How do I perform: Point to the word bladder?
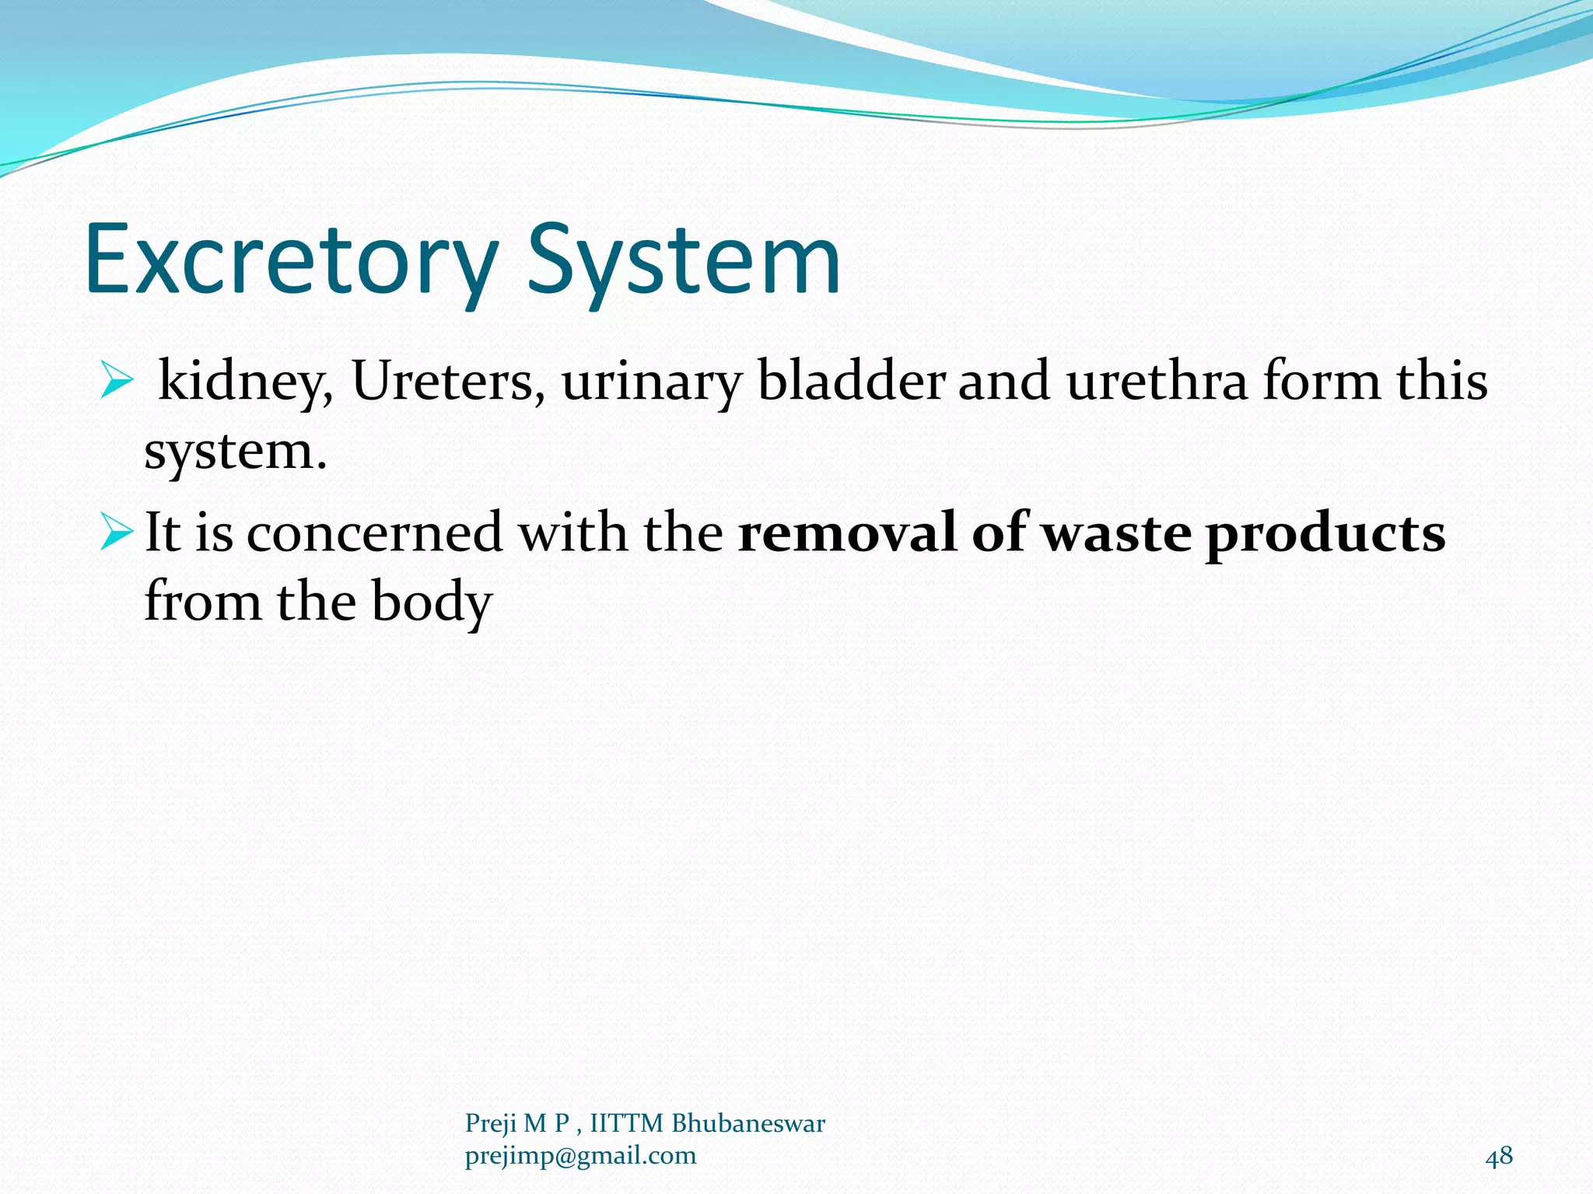pos(851,381)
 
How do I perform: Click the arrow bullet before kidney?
pos(117,382)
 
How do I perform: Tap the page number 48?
pos(1499,1156)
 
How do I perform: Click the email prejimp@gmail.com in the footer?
pos(580,1156)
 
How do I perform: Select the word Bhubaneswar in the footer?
pos(747,1123)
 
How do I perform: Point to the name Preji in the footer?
pos(490,1124)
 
